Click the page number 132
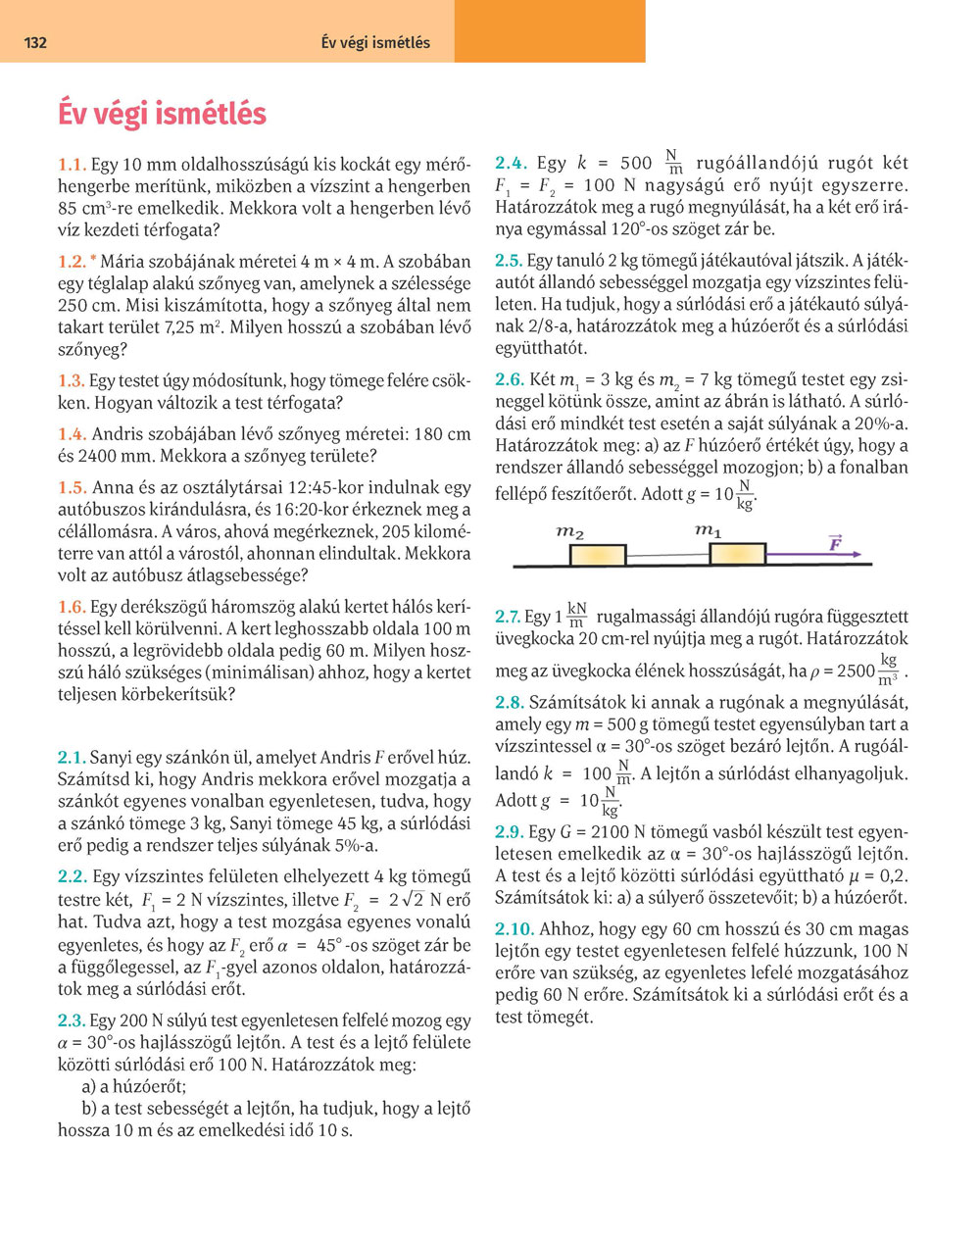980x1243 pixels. (35, 43)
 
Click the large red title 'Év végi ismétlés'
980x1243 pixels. (162, 114)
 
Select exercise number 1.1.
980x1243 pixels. (73, 164)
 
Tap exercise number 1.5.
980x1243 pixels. (73, 487)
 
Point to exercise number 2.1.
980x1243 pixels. (73, 757)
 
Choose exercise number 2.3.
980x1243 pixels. (73, 1020)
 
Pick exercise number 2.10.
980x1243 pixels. (514, 928)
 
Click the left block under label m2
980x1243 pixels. (598, 555)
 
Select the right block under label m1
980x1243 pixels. (737, 553)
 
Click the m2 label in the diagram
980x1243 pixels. (570, 532)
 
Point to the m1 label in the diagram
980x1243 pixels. (709, 530)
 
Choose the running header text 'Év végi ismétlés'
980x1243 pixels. (375, 43)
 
